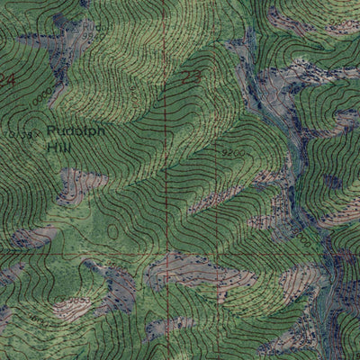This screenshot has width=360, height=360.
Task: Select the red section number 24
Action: coord(7,80)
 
